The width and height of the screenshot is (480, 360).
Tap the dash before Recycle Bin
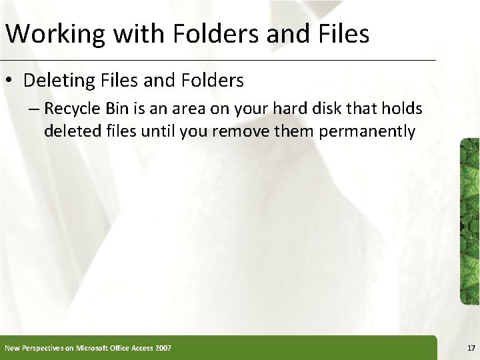35,109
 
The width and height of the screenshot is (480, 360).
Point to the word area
198,109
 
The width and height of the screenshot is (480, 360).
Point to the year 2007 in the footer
163,347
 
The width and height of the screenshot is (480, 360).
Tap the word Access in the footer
139,347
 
